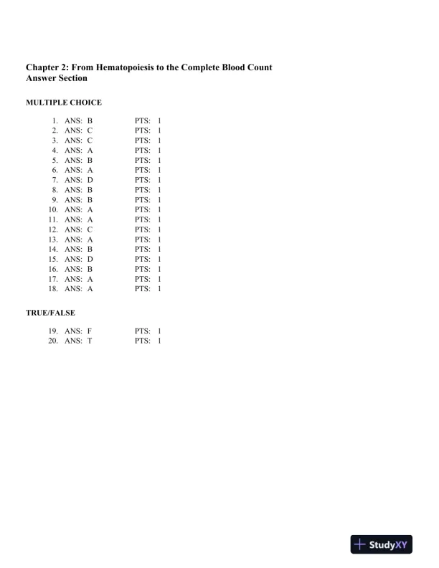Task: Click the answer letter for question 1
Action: click(90, 122)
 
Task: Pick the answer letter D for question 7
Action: click(90, 180)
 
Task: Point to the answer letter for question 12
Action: click(90, 229)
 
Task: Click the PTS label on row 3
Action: click(142, 141)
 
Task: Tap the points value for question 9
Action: click(159, 200)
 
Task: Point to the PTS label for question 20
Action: click(142, 341)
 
